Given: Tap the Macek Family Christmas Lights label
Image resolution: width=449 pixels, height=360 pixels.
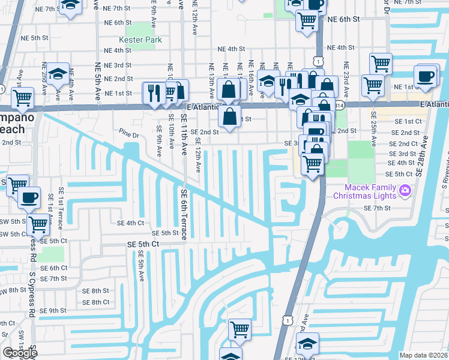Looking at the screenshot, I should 364,192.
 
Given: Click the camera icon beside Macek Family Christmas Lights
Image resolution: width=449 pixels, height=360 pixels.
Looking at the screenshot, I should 405,191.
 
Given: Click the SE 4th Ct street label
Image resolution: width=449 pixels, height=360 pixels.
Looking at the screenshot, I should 131,223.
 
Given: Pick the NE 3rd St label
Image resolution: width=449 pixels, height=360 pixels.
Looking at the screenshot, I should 119,65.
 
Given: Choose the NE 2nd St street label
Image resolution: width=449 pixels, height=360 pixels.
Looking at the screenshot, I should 119,79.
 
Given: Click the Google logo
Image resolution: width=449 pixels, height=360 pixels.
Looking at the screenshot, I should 20,353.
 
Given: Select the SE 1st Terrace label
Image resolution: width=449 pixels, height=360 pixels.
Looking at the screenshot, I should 61,207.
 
